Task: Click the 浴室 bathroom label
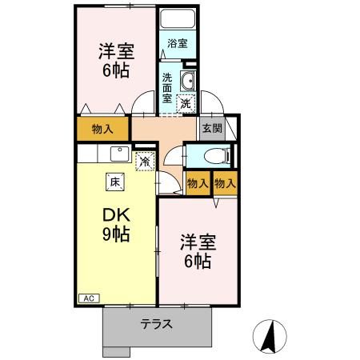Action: pos(178,44)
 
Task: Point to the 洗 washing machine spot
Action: pos(186,102)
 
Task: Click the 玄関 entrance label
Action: pos(210,127)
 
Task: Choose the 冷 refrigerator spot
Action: pos(145,162)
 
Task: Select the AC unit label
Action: pos(89,298)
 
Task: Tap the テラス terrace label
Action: pos(158,326)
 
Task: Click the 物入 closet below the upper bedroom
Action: pos(102,128)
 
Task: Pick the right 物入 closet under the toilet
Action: pos(225,183)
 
